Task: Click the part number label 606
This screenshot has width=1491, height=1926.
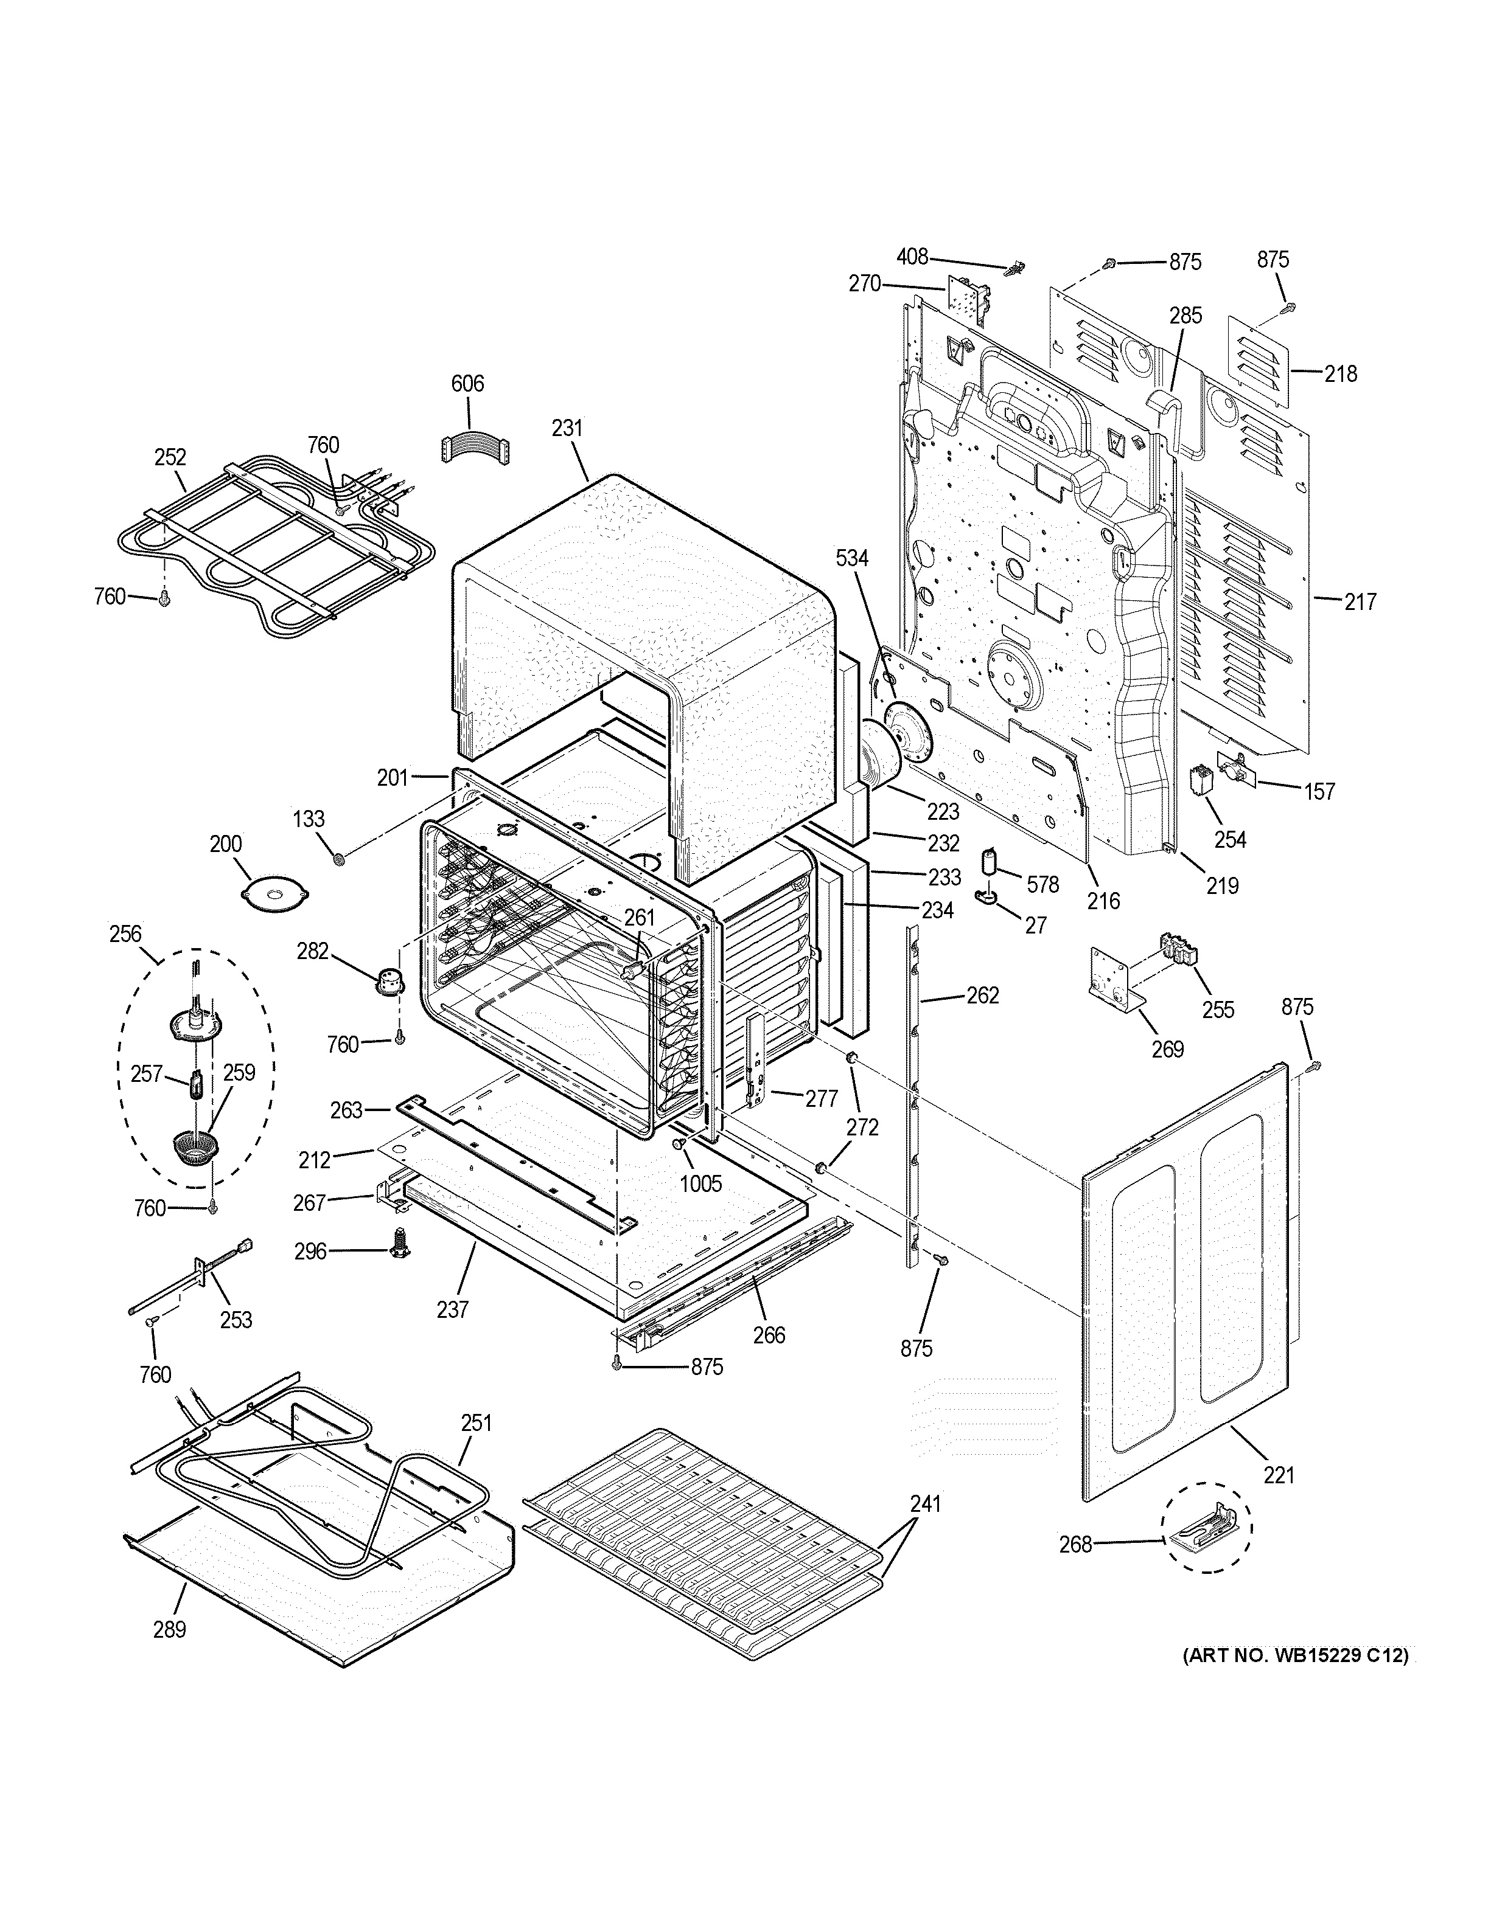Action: tap(467, 384)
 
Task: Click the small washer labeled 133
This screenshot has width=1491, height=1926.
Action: tap(337, 857)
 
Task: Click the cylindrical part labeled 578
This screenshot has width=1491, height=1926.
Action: tap(991, 862)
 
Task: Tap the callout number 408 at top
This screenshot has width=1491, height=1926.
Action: tap(912, 257)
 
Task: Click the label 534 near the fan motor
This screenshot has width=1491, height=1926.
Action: tap(852, 558)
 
